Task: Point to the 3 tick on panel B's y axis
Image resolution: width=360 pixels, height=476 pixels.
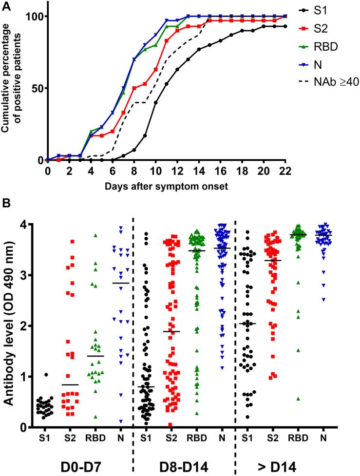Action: point(36,275)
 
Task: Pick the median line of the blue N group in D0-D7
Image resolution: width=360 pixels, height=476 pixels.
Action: point(121,283)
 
